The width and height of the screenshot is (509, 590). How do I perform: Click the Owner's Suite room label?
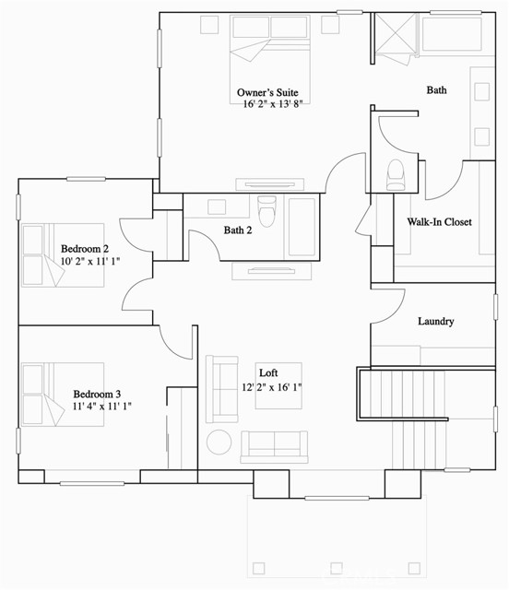coord(267,93)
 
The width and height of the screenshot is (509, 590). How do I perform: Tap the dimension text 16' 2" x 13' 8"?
coord(273,106)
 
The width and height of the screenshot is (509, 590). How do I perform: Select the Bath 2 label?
coord(238,230)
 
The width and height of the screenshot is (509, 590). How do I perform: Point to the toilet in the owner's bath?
coord(396,172)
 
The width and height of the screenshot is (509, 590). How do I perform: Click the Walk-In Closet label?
coord(440,222)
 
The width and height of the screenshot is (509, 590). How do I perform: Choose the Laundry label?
coord(435,322)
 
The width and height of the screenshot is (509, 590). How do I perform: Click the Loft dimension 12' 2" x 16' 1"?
coord(272,389)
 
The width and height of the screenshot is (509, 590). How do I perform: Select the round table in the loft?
coord(219,442)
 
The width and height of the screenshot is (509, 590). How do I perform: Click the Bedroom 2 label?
coord(85,249)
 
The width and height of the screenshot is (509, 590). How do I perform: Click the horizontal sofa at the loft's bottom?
coord(273,446)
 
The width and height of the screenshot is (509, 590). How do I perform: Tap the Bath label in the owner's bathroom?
coord(436,90)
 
